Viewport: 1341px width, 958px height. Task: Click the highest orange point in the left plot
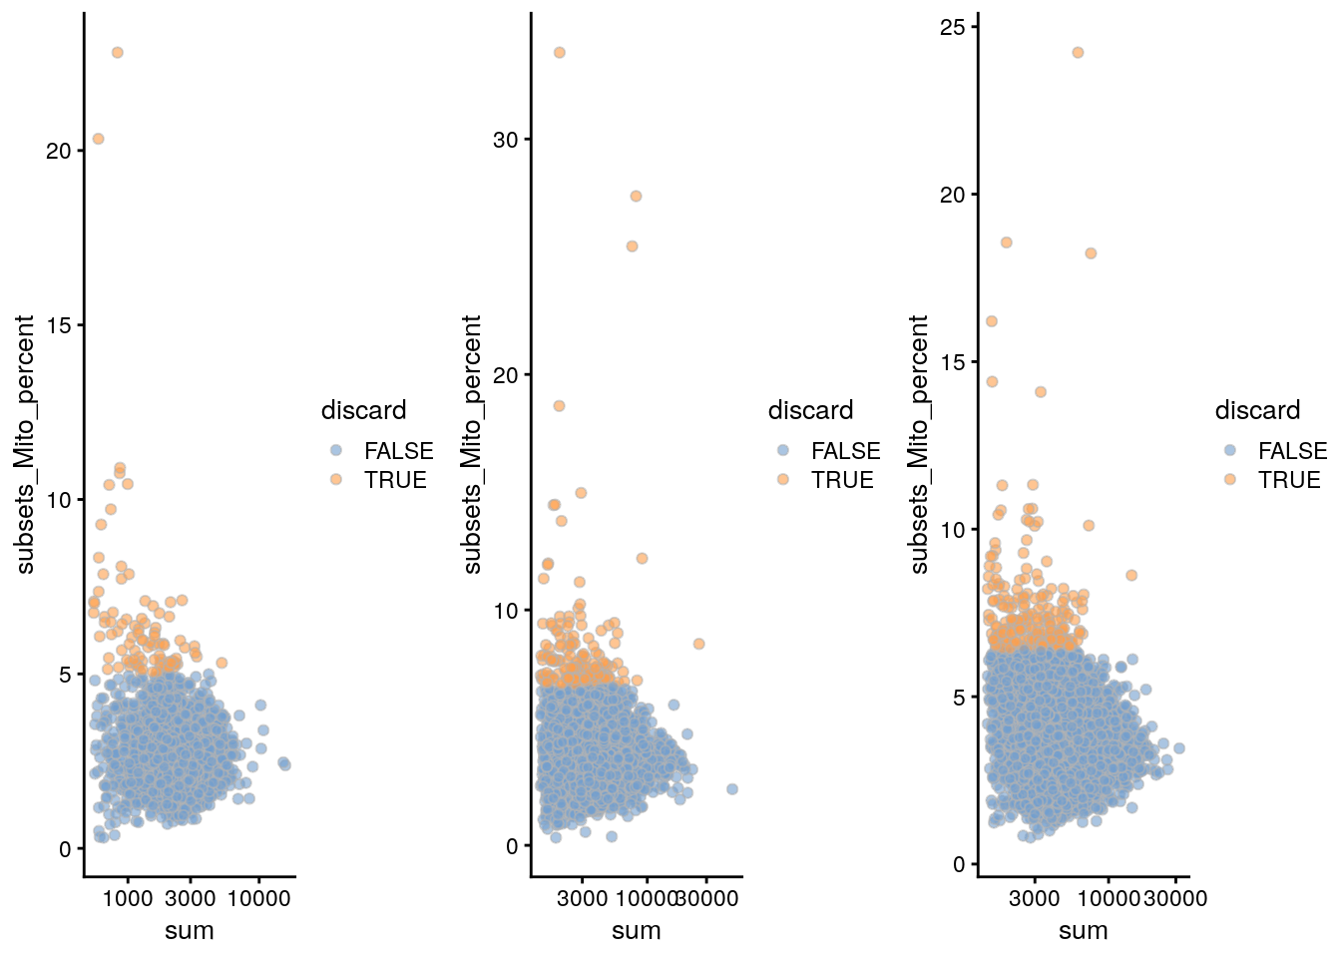[117, 52]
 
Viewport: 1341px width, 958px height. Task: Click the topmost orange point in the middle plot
[559, 52]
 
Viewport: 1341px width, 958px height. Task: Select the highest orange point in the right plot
[1078, 52]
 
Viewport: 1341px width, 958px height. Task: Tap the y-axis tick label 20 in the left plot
[59, 151]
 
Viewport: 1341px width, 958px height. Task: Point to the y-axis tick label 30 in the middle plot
[506, 140]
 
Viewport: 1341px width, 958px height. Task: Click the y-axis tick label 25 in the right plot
[953, 27]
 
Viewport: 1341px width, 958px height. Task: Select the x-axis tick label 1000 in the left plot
[128, 898]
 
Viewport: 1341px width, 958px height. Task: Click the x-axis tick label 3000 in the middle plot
[582, 898]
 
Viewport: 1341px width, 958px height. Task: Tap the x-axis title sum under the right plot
[1084, 931]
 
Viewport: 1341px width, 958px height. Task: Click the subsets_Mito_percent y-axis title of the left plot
[26, 445]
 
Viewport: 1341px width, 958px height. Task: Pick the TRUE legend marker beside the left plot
[336, 480]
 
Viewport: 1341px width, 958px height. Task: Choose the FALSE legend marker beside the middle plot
[783, 451]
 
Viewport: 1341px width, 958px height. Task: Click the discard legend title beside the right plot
[1257, 410]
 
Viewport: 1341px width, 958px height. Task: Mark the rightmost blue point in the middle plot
[731, 789]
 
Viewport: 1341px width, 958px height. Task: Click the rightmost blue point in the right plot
[1178, 748]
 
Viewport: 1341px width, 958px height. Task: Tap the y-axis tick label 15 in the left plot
[59, 325]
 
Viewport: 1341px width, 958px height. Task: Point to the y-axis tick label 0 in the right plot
[959, 865]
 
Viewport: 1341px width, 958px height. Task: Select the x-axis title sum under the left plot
[190, 931]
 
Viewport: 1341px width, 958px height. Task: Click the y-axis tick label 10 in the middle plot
[506, 611]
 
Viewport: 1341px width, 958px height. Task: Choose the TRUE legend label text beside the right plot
[1289, 480]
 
